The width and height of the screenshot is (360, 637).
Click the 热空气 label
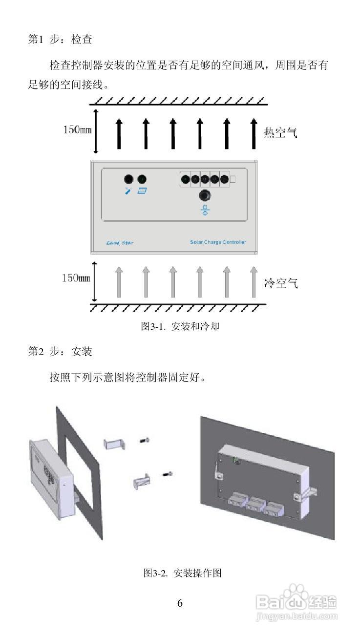(280, 132)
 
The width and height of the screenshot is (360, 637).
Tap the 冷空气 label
(280, 283)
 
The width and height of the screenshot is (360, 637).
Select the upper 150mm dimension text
(77, 130)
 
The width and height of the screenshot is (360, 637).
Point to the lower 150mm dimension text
(77, 278)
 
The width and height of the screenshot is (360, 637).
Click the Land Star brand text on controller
(120, 243)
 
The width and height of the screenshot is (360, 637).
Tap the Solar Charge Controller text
(218, 242)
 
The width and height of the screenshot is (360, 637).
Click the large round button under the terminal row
(205, 195)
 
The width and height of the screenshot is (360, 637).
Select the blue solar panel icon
(142, 191)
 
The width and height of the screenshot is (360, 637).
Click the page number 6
(180, 603)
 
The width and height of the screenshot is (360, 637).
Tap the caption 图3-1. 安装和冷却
(180, 326)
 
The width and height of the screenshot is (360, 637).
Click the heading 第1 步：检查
(60, 40)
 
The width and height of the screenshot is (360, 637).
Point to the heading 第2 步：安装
(60, 351)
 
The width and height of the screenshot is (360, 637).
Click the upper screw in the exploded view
(144, 441)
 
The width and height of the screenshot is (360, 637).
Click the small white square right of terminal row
(233, 180)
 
